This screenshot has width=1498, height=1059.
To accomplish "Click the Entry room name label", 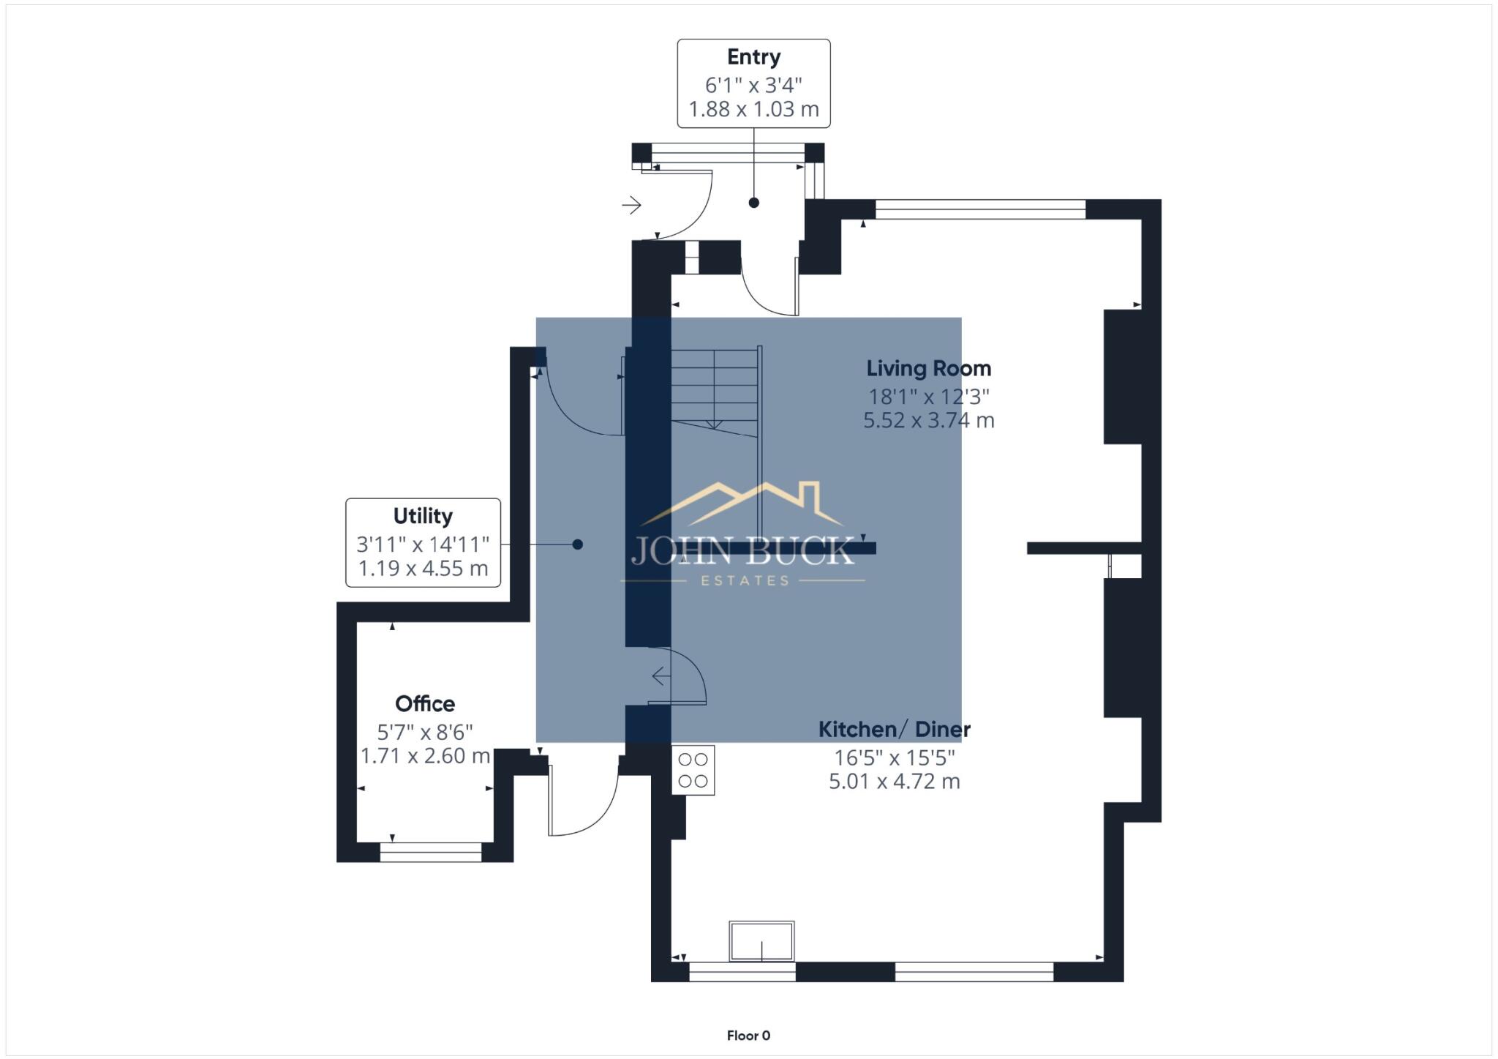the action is point(753,57).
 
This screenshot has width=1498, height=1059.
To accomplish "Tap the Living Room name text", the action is point(928,368).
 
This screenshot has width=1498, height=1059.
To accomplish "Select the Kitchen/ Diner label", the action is point(894,730).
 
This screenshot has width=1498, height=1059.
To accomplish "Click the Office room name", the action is point(425,704).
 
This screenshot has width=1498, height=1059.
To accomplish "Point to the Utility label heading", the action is point(423,516).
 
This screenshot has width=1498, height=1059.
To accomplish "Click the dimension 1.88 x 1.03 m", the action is point(753,109).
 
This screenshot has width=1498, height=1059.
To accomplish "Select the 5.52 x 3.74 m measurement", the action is point(928,421).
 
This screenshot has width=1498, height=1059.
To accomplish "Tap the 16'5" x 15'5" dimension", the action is point(894,757).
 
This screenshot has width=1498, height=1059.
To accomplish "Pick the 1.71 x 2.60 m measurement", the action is point(425,756).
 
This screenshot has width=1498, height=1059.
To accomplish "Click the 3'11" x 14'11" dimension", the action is point(423,545).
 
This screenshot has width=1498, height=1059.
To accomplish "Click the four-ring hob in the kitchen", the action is point(693,770).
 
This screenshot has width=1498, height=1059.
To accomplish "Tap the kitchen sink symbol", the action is point(761,940).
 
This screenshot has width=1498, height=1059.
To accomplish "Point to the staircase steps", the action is point(715,388).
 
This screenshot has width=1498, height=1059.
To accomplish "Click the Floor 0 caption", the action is point(748,1036).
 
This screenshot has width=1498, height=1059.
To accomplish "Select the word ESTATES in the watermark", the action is point(745,581).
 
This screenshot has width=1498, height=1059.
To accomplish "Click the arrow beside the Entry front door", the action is point(631,205).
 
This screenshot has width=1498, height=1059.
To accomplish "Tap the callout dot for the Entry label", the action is point(753,203).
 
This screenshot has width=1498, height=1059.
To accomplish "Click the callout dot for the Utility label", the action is point(578,545).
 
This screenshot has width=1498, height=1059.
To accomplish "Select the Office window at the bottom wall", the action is point(431,852).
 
